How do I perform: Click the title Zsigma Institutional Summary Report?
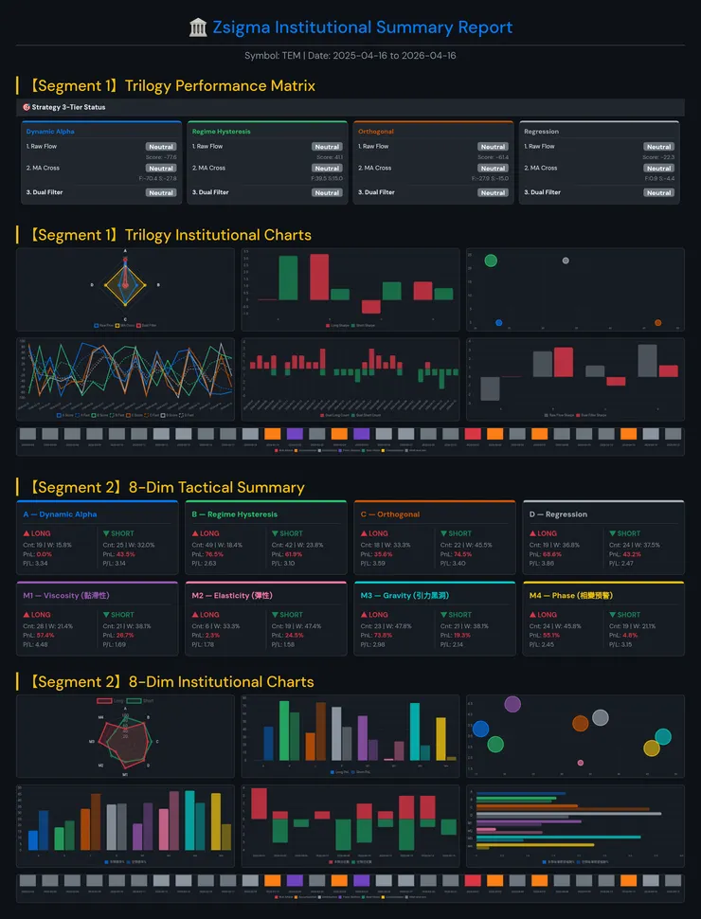[x=362, y=27]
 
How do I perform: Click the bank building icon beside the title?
[x=198, y=27]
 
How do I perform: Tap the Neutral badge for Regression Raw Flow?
[x=658, y=147]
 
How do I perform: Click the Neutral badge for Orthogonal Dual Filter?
[x=493, y=192]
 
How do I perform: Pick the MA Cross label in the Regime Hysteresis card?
[x=208, y=168]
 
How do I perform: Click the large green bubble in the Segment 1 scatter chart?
[x=491, y=261]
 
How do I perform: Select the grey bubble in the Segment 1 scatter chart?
[x=566, y=261]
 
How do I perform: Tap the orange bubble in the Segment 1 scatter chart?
[x=658, y=323]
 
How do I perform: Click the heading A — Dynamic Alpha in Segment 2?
[x=59, y=514]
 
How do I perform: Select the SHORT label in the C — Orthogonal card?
[x=459, y=533]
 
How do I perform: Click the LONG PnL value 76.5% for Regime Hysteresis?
[x=214, y=554]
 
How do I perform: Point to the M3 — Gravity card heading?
[x=399, y=595]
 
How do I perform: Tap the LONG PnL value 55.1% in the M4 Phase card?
[x=551, y=635]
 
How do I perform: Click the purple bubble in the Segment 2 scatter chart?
[x=512, y=704]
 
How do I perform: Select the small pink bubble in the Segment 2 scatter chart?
[x=580, y=763]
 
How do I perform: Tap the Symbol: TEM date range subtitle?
[x=350, y=55]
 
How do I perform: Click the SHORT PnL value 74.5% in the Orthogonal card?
[x=462, y=554]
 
